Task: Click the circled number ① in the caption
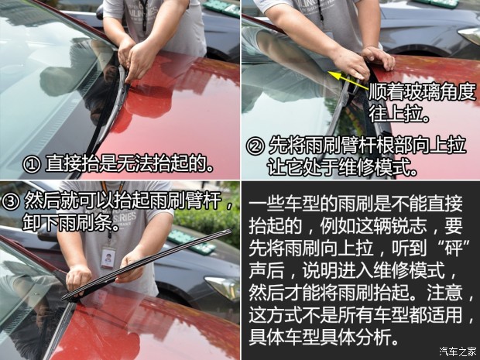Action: click(31, 165)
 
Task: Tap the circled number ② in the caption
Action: click(255, 146)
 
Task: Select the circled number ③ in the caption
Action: click(10, 201)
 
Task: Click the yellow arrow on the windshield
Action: click(348, 81)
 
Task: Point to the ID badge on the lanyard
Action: click(108, 258)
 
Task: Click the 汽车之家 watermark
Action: click(458, 351)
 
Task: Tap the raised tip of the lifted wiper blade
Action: click(229, 231)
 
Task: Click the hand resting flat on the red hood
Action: click(379, 57)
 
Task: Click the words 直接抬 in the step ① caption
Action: click(72, 165)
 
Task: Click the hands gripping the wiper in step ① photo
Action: click(138, 59)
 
